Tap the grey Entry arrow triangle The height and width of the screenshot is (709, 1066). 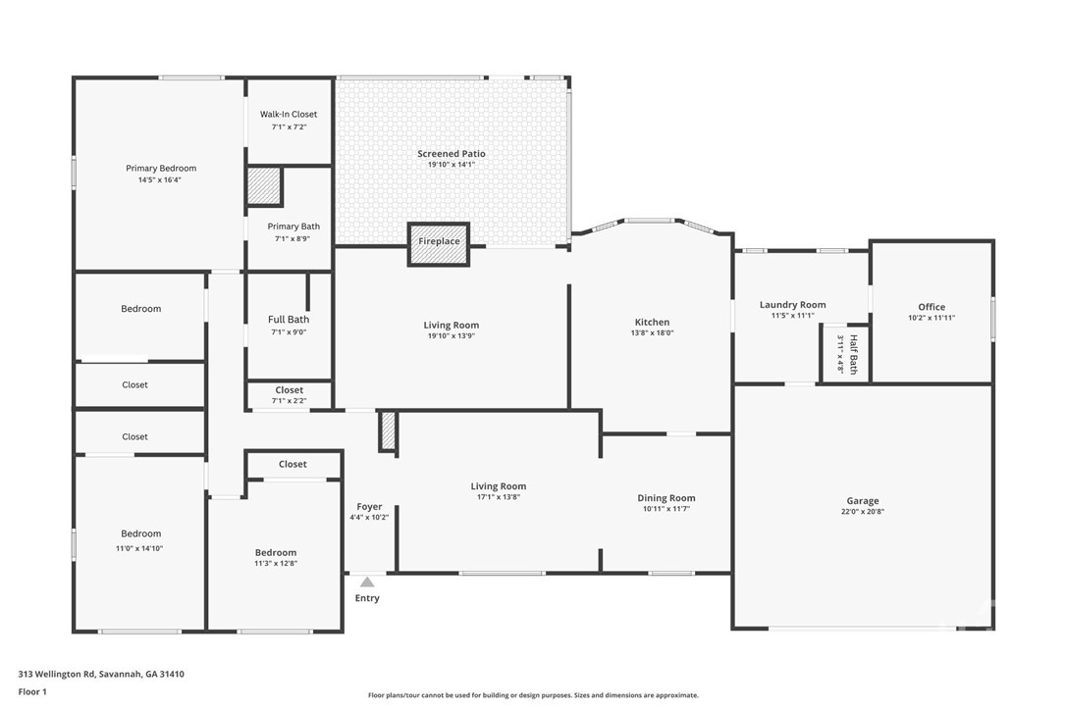point(367,582)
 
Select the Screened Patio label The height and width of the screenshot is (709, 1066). point(452,154)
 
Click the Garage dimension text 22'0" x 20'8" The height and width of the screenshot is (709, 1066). point(863,511)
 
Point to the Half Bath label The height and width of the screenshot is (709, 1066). point(853,354)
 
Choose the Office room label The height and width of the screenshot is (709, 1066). point(932,307)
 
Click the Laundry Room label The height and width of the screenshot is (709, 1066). point(793,304)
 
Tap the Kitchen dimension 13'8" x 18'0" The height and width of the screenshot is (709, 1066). point(653,332)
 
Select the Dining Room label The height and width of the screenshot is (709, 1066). point(666,498)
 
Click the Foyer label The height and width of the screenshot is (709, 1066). point(369,507)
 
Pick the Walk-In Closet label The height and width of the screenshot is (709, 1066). point(289,114)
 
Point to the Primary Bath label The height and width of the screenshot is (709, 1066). point(293,227)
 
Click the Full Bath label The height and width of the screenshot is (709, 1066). point(289,319)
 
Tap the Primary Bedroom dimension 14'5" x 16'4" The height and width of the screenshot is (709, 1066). point(160,180)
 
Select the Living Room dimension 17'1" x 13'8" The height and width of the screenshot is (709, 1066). point(499,497)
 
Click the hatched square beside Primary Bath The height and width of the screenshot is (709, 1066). point(264,186)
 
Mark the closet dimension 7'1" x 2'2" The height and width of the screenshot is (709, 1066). point(289,401)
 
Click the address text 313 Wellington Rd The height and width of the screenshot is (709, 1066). point(56,675)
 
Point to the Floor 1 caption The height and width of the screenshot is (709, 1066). point(32,692)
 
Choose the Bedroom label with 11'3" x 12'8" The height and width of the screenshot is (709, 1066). point(276,552)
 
